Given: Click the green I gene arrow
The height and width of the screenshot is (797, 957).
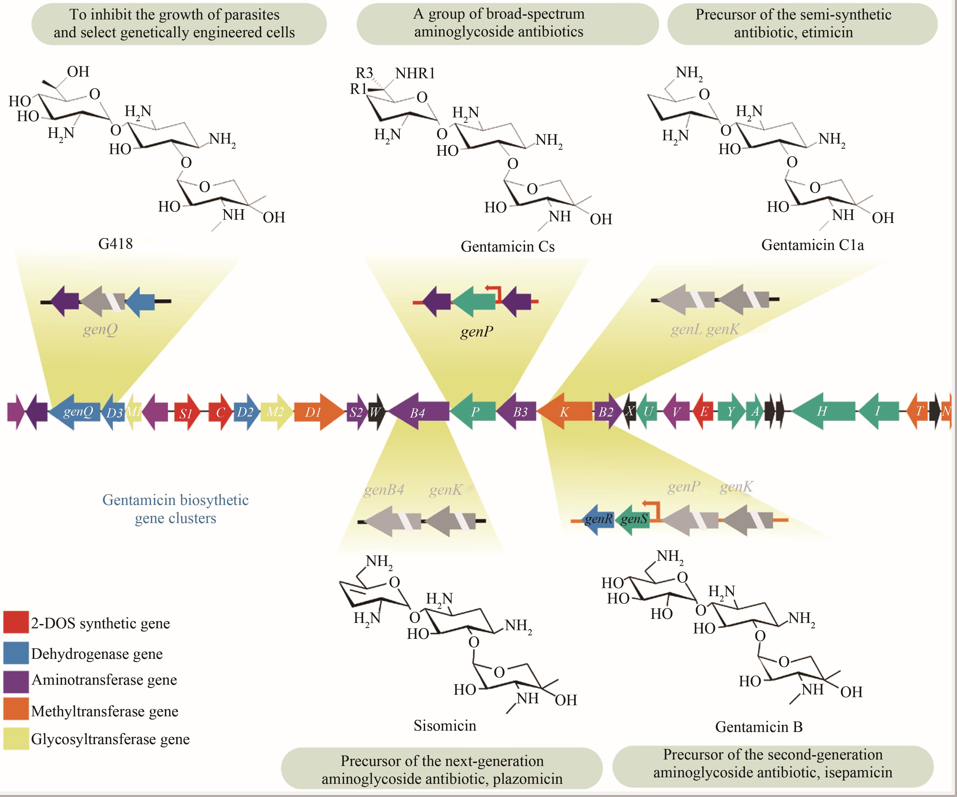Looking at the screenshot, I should (878, 411).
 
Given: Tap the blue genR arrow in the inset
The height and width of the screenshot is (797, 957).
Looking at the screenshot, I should (598, 519).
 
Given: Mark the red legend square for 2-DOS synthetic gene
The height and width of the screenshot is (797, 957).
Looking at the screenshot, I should (16, 623).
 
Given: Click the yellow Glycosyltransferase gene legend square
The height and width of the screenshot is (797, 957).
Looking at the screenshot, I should (16, 739).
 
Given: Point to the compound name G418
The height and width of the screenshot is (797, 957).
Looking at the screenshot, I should (115, 244).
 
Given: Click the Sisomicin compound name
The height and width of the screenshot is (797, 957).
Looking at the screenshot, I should (445, 725).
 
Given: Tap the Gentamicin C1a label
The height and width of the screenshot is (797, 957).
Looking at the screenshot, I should (812, 245).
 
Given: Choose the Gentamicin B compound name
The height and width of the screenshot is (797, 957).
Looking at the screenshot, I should (759, 727).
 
